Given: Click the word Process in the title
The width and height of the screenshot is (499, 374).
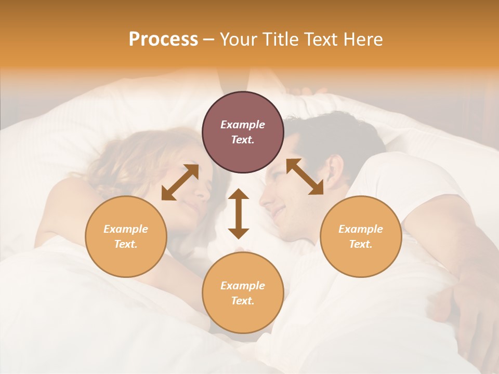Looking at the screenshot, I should (163, 39).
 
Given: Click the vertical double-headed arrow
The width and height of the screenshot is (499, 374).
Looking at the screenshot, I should (239, 213).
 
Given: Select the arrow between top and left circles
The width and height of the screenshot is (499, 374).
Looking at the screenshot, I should (180, 182).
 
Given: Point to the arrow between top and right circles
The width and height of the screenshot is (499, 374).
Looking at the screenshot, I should (305, 177).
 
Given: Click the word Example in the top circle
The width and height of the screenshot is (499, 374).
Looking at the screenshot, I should (243, 125).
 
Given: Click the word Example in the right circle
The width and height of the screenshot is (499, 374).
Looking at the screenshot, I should (361, 229).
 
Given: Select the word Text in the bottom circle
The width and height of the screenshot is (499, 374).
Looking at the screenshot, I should (242, 301).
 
